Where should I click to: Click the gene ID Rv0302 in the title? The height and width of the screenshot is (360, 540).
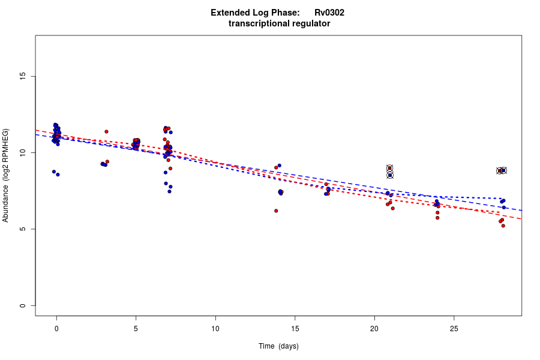[x=329, y=13]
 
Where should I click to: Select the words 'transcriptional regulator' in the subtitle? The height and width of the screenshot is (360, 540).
[x=279, y=23]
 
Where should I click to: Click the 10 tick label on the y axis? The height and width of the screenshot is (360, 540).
[x=23, y=153]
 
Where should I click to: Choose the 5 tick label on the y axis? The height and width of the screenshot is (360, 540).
[x=23, y=229]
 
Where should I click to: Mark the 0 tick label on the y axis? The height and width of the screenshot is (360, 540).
[x=23, y=305]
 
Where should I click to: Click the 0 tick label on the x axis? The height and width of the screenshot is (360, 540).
[x=56, y=328]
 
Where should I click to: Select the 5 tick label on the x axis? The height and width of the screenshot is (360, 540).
[x=136, y=328]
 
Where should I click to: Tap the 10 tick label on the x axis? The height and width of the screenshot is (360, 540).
[x=215, y=328]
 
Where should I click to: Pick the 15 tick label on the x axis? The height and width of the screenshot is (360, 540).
[x=295, y=328]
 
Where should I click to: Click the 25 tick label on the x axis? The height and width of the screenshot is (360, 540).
[x=454, y=328]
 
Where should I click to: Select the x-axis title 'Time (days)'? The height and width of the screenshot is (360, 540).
[x=278, y=346]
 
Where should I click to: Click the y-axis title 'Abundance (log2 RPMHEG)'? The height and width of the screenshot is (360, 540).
[x=6, y=175]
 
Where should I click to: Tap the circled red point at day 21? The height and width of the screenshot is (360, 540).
[x=389, y=168]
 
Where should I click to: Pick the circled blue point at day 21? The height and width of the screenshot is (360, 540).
[x=390, y=175]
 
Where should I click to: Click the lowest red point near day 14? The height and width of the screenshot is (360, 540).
[x=276, y=211]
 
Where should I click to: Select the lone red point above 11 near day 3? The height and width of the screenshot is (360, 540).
[x=106, y=131]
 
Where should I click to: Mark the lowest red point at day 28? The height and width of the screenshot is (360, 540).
[x=503, y=226]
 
